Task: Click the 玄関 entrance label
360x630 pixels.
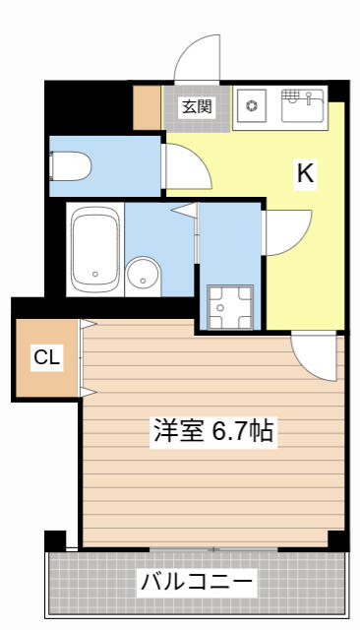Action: (x=197, y=107)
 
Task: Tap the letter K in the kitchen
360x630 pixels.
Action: (x=305, y=173)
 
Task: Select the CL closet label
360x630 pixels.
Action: (x=47, y=356)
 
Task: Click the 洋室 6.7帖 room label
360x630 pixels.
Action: (x=213, y=431)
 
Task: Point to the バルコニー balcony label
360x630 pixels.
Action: (x=197, y=581)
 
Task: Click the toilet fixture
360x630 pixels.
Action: (x=70, y=166)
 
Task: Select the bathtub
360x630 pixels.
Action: (x=95, y=249)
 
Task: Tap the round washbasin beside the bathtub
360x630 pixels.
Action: (x=142, y=277)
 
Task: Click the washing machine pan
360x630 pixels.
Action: (x=230, y=307)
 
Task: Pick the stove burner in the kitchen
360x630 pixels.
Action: (x=252, y=105)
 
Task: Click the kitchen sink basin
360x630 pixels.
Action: (x=303, y=105)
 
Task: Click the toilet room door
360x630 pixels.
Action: (x=186, y=166)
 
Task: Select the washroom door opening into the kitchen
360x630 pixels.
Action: (x=286, y=232)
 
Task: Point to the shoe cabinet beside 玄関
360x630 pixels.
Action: (x=147, y=107)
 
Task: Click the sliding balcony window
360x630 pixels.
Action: (x=213, y=549)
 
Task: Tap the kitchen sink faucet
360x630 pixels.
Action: (x=309, y=97)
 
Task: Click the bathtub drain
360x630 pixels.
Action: (x=95, y=274)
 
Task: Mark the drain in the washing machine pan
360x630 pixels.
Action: (x=220, y=307)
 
